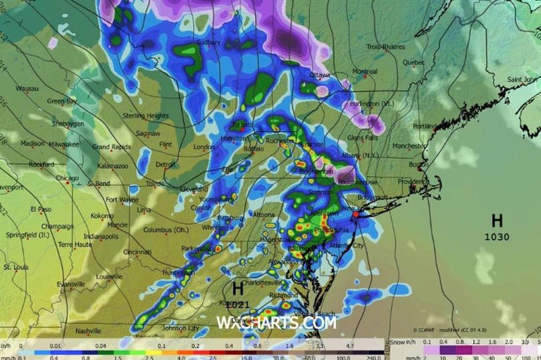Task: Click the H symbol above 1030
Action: (x=497, y=221)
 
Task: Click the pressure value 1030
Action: (x=497, y=237)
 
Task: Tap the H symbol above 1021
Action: (x=237, y=288)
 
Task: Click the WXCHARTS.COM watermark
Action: (x=276, y=323)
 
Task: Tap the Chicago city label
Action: (x=68, y=178)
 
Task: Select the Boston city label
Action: (x=418, y=165)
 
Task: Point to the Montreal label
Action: (x=364, y=71)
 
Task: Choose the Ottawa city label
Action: (x=320, y=75)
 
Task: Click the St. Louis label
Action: (x=15, y=267)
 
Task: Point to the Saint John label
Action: (x=523, y=79)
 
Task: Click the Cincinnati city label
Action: (x=137, y=252)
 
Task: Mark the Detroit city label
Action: (x=165, y=164)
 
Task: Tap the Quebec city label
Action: (x=413, y=62)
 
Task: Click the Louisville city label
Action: (x=109, y=276)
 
